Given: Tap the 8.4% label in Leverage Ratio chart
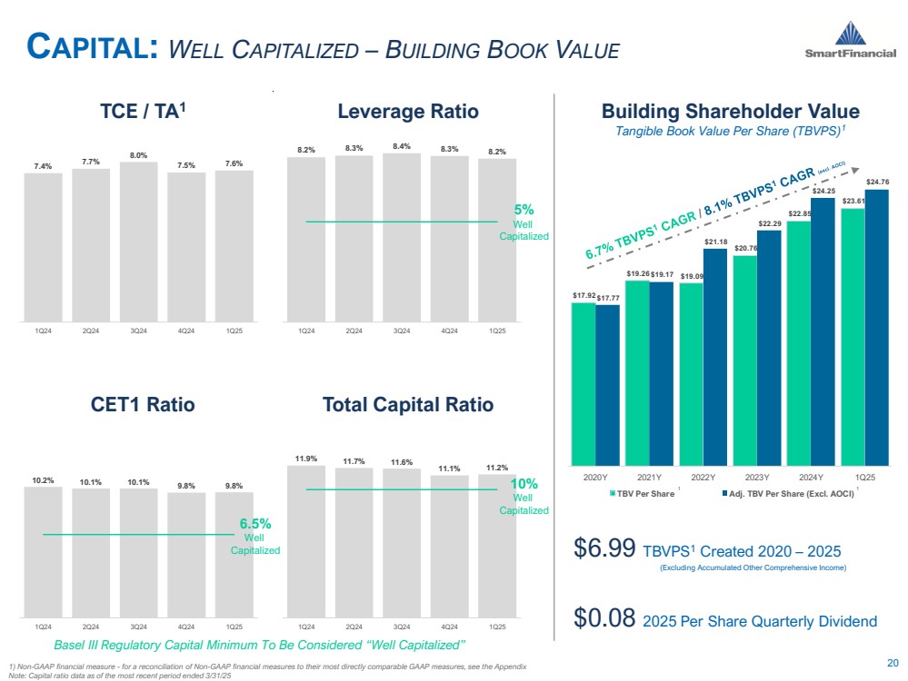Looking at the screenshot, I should click(x=402, y=144).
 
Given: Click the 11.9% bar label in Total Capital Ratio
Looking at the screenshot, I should click(x=306, y=459).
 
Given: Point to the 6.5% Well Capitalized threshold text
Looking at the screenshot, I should click(x=255, y=536).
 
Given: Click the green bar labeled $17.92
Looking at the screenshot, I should click(x=583, y=381).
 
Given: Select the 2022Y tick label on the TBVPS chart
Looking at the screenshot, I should click(x=701, y=477).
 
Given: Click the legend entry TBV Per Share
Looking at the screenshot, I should click(x=645, y=493).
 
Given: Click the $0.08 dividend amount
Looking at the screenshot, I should click(x=604, y=621).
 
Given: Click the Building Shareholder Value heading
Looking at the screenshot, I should click(x=730, y=112).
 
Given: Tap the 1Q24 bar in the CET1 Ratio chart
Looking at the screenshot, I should click(x=43, y=554).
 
